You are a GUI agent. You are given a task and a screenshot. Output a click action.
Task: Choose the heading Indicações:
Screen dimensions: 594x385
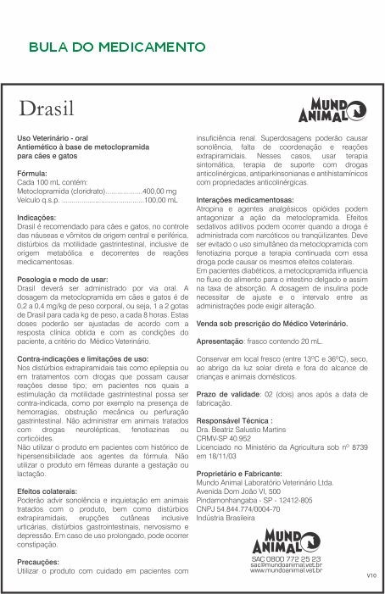pyautogui.click(x=39, y=218)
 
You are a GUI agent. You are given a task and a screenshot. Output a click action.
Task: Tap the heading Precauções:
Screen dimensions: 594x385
pyautogui.click(x=38, y=561)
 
